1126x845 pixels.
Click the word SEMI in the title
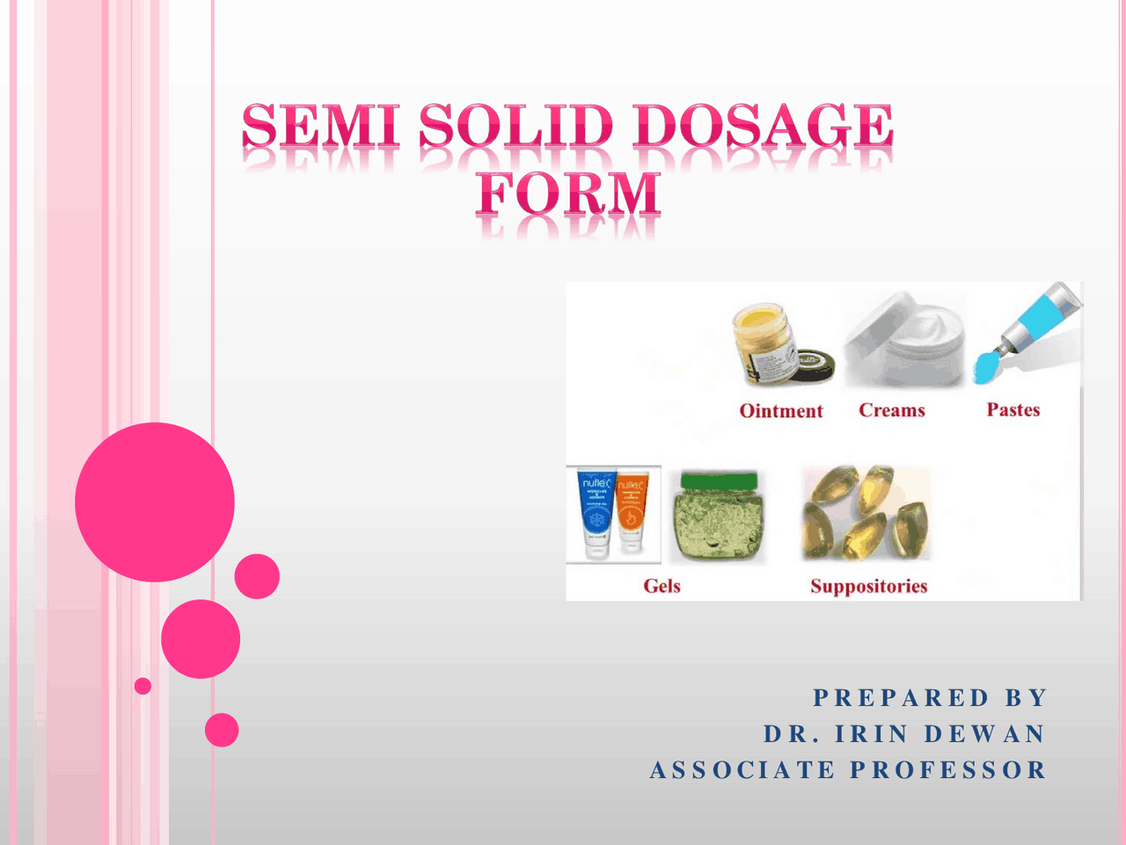point(321,126)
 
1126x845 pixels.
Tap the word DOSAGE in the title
point(763,126)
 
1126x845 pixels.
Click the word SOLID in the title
point(515,126)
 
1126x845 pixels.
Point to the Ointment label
point(780,411)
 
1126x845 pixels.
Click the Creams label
point(891,410)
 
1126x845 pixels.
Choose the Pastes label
point(1013,409)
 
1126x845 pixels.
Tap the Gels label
point(662,586)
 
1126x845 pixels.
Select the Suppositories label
point(868,586)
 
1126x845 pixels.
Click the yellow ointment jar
point(764,343)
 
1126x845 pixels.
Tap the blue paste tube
point(1034,326)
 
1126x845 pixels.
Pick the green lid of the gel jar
point(717,481)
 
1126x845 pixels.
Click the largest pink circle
point(155,502)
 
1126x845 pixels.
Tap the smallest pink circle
point(143,686)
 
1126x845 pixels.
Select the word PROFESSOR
point(948,770)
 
